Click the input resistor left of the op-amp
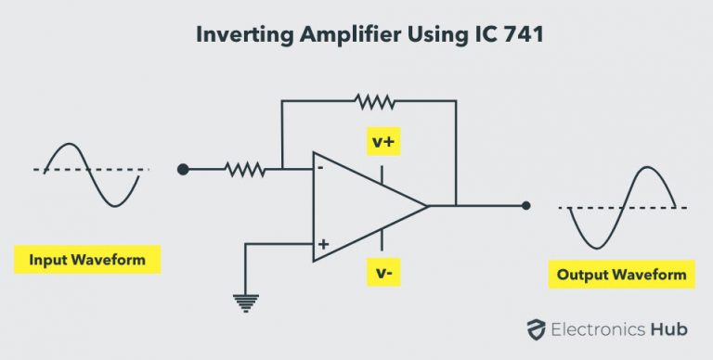click(244, 169)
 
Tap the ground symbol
click(245, 302)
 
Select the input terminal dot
click(183, 169)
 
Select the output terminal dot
click(526, 205)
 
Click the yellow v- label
click(382, 272)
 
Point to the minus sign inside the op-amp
click(320, 168)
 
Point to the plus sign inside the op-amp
click(323, 246)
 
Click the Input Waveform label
click(87, 259)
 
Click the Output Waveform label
click(621, 274)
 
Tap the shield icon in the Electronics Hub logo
click(535, 327)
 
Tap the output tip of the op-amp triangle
click(428, 205)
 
